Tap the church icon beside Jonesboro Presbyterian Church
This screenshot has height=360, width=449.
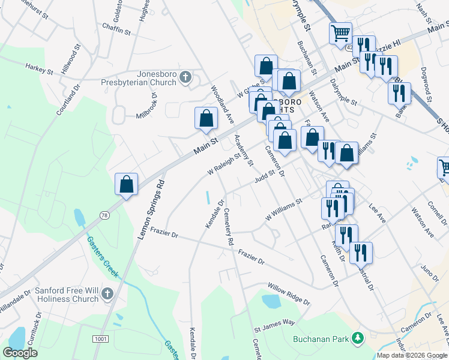pyautogui.click(x=185, y=77)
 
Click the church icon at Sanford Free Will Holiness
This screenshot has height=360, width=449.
pyautogui.click(x=107, y=294)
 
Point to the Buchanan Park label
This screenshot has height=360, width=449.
pyautogui.click(x=321, y=338)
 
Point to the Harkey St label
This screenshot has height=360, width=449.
pyautogui.click(x=40, y=70)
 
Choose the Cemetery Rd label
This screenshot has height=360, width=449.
pyautogui.click(x=228, y=227)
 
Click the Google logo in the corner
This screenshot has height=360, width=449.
pyautogui.click(x=20, y=353)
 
